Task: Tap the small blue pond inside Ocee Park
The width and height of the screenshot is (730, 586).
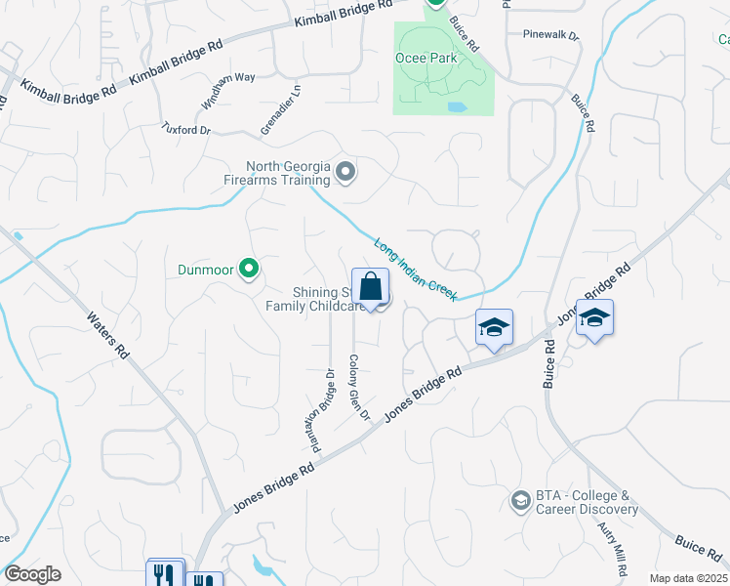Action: point(456,106)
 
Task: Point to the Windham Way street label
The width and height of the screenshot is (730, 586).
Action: point(228,89)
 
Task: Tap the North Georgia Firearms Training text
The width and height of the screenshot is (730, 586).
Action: point(288,173)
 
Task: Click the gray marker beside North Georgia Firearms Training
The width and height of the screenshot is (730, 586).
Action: point(345,173)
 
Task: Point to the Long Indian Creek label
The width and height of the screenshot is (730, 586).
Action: point(416,269)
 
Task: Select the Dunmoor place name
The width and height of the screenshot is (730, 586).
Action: point(209,269)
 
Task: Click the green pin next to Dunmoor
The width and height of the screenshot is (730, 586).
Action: point(249,267)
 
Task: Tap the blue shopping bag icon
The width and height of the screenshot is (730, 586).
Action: point(370,289)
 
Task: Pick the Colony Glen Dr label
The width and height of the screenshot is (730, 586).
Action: point(358,387)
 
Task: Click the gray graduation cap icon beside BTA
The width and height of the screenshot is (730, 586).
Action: point(520,502)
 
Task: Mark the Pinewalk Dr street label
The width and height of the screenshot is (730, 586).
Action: point(550,35)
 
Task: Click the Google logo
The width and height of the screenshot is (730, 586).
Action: point(33,574)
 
